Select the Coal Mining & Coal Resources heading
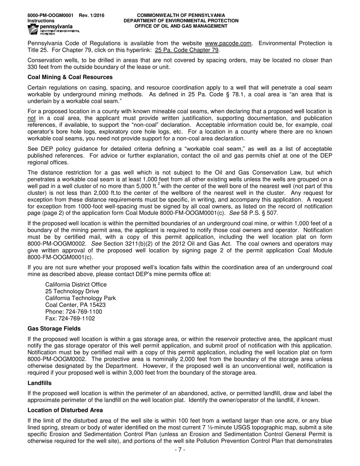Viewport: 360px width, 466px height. click(70, 77)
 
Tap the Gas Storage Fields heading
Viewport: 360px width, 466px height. click(54, 328)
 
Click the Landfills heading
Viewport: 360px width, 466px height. click(39, 383)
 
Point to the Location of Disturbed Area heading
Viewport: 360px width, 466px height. click(65, 410)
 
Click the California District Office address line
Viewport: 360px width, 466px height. click(76, 285)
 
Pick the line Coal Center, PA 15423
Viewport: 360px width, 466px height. click(75, 305)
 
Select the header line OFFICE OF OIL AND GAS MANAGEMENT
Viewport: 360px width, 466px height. click(181, 26)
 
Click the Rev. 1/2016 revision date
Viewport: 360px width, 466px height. click(92, 15)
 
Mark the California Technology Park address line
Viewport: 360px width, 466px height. click(80, 298)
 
